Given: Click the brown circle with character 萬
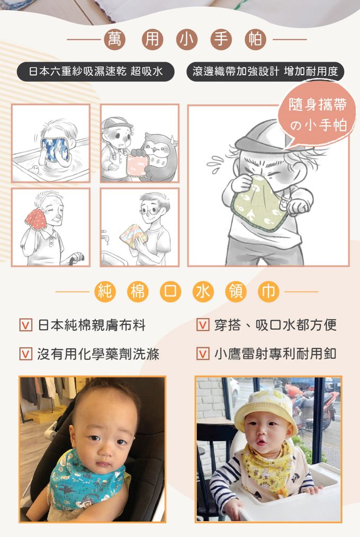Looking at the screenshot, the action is pyautogui.click(x=115, y=39).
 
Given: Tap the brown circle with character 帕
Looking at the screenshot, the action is pyautogui.click(x=255, y=39).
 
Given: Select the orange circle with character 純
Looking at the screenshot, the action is pyautogui.click(x=105, y=292).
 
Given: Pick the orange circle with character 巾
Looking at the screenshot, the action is pyautogui.click(x=268, y=292).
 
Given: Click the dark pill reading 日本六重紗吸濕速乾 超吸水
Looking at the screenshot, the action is pyautogui.click(x=96, y=71).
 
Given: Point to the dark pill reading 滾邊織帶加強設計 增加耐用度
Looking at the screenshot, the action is pyautogui.click(x=265, y=71).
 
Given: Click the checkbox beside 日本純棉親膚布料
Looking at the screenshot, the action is pyautogui.click(x=26, y=325).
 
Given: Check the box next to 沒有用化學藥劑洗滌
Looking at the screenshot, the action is pyautogui.click(x=26, y=354).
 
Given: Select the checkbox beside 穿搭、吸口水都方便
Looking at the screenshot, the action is pyautogui.click(x=203, y=325).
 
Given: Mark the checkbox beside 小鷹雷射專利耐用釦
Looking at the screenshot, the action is pyautogui.click(x=203, y=354).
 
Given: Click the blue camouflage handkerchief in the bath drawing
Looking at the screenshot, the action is pyautogui.click(x=55, y=149).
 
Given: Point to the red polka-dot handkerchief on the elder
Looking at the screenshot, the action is pyautogui.click(x=36, y=220).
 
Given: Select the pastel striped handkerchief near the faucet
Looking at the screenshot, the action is pyautogui.click(x=134, y=235).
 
